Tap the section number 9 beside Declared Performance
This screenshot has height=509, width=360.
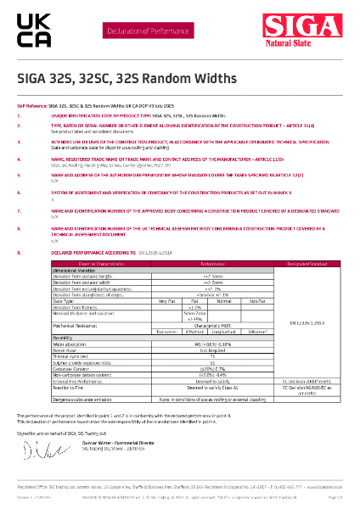coord(19,252)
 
